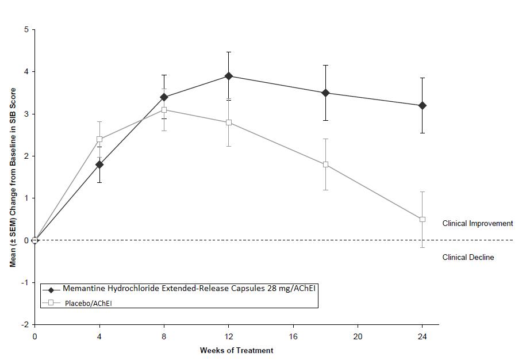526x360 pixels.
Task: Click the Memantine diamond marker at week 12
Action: tap(229, 76)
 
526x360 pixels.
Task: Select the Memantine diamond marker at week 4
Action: tap(99, 164)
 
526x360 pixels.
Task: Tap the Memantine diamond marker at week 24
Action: tap(423, 105)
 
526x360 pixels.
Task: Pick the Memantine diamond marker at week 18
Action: tap(326, 93)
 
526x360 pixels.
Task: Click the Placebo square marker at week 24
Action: tap(423, 219)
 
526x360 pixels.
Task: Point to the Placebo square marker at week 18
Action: tap(326, 164)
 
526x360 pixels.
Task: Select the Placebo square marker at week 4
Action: tap(99, 139)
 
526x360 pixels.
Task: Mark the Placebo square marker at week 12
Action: tap(229, 122)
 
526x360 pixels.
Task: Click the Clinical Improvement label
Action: tap(477, 223)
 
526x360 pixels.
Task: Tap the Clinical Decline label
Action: tap(468, 257)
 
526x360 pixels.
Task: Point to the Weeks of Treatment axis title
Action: tap(236, 350)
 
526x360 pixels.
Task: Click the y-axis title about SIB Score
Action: tap(13, 177)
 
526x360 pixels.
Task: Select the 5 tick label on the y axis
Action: tap(26, 29)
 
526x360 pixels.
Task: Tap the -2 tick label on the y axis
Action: tap(25, 325)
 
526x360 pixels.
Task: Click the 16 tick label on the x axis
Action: tap(293, 336)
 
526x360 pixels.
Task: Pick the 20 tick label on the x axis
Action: tap(358, 336)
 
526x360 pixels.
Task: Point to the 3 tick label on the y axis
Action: tap(26, 114)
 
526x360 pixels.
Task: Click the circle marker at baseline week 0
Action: tap(35, 240)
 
